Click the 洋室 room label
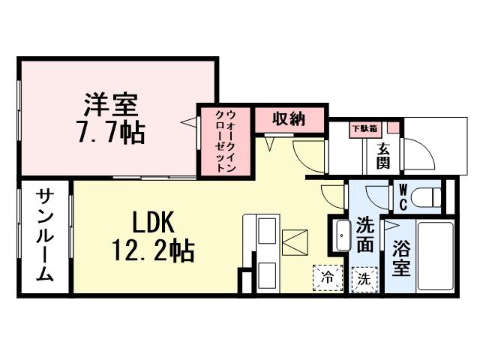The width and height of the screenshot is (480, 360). [x=111, y=102]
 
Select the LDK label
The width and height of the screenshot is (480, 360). [x=153, y=221]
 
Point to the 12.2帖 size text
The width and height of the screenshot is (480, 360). [x=153, y=250]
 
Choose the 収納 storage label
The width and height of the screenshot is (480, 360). [x=289, y=118]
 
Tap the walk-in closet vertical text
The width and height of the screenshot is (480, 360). [x=226, y=141]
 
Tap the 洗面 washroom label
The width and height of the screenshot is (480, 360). [x=365, y=234]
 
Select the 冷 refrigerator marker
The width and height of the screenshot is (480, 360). [x=326, y=276]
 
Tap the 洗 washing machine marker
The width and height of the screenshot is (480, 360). [x=363, y=279]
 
